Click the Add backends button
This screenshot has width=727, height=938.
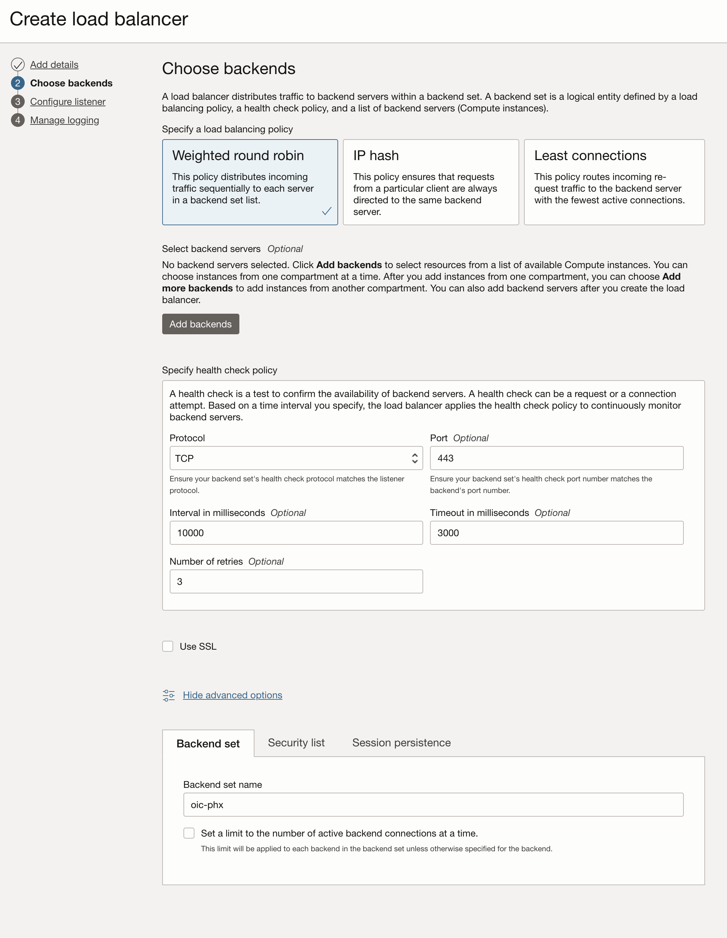pos(200,324)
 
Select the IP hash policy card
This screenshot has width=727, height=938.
pos(430,182)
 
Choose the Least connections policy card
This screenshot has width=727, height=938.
pos(613,182)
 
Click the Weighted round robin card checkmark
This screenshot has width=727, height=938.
pos(326,211)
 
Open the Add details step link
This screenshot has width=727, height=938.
pos(54,64)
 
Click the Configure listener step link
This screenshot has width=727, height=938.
pos(68,102)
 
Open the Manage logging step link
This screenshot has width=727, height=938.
pos(64,120)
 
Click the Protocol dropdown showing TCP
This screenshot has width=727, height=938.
pos(296,458)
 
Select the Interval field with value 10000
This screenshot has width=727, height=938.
pos(296,533)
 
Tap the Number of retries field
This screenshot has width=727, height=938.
pos(296,581)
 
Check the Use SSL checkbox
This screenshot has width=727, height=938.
pos(168,646)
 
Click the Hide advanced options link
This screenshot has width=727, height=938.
pos(232,695)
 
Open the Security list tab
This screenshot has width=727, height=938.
pos(296,743)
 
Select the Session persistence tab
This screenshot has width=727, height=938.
pos(401,743)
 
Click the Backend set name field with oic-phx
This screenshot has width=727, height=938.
pos(433,805)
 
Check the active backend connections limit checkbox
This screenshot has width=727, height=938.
pos(189,833)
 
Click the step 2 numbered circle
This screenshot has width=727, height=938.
pos(17,83)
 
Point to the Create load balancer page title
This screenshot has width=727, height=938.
pos(99,19)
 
